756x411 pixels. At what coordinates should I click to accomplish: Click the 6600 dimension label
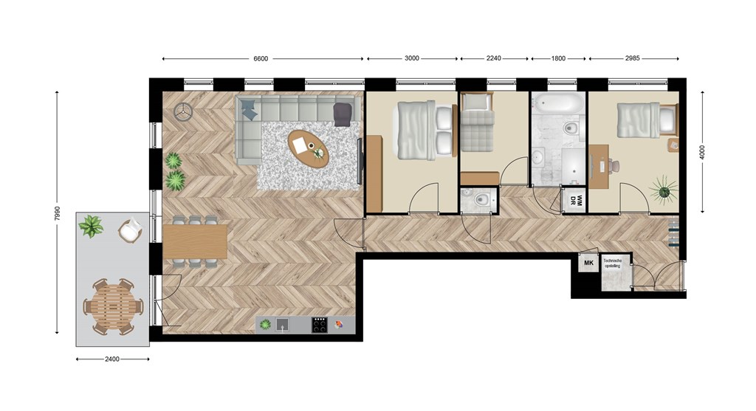tap(261, 59)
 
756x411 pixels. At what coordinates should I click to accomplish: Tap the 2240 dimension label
tap(493, 58)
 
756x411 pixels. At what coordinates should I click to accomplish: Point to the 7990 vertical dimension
tap(58, 212)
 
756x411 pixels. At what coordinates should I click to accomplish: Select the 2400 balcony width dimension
tap(112, 359)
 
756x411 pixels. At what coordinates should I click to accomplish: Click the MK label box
tap(588, 263)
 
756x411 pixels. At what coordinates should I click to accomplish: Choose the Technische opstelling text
tap(614, 263)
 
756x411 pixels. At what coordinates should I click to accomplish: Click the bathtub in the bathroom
tap(559, 103)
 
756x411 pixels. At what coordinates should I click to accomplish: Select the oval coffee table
tap(308, 148)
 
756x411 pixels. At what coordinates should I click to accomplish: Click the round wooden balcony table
tap(113, 306)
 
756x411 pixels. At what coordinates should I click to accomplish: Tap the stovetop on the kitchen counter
tap(319, 325)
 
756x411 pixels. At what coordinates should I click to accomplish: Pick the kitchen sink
tap(283, 325)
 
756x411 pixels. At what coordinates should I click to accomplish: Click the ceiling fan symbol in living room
tap(183, 111)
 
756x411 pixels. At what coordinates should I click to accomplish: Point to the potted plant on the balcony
tap(91, 226)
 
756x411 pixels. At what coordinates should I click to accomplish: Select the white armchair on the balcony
tap(130, 231)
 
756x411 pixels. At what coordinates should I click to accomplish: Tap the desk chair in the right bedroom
tap(614, 166)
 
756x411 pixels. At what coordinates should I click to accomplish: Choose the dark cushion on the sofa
tap(343, 114)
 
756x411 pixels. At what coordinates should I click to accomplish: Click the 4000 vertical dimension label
tap(702, 152)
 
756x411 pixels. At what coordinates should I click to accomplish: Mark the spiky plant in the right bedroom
tap(664, 190)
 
